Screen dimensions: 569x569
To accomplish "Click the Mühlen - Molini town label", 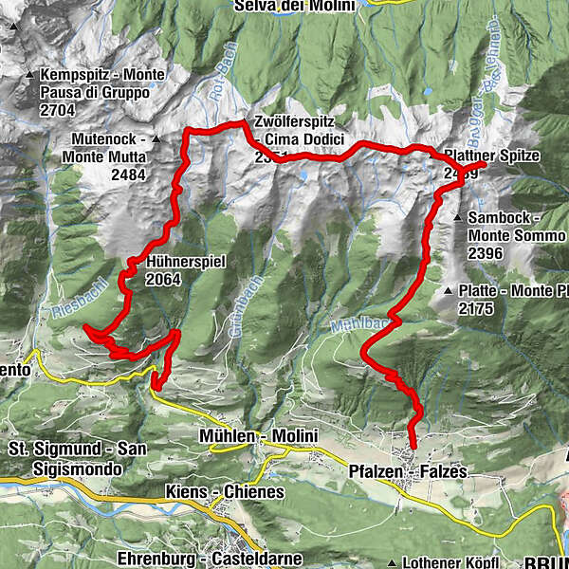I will pos(258,435).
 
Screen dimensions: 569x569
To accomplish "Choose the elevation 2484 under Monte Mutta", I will pos(127,174).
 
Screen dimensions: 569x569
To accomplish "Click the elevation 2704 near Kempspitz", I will pos(60,110).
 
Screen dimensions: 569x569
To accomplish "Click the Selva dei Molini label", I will pos(296,6).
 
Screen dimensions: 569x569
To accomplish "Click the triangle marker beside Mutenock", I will pos(155,138).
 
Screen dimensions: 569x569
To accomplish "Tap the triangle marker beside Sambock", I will pos(459,218).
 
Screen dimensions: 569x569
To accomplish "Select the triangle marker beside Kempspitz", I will pos(31,75).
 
